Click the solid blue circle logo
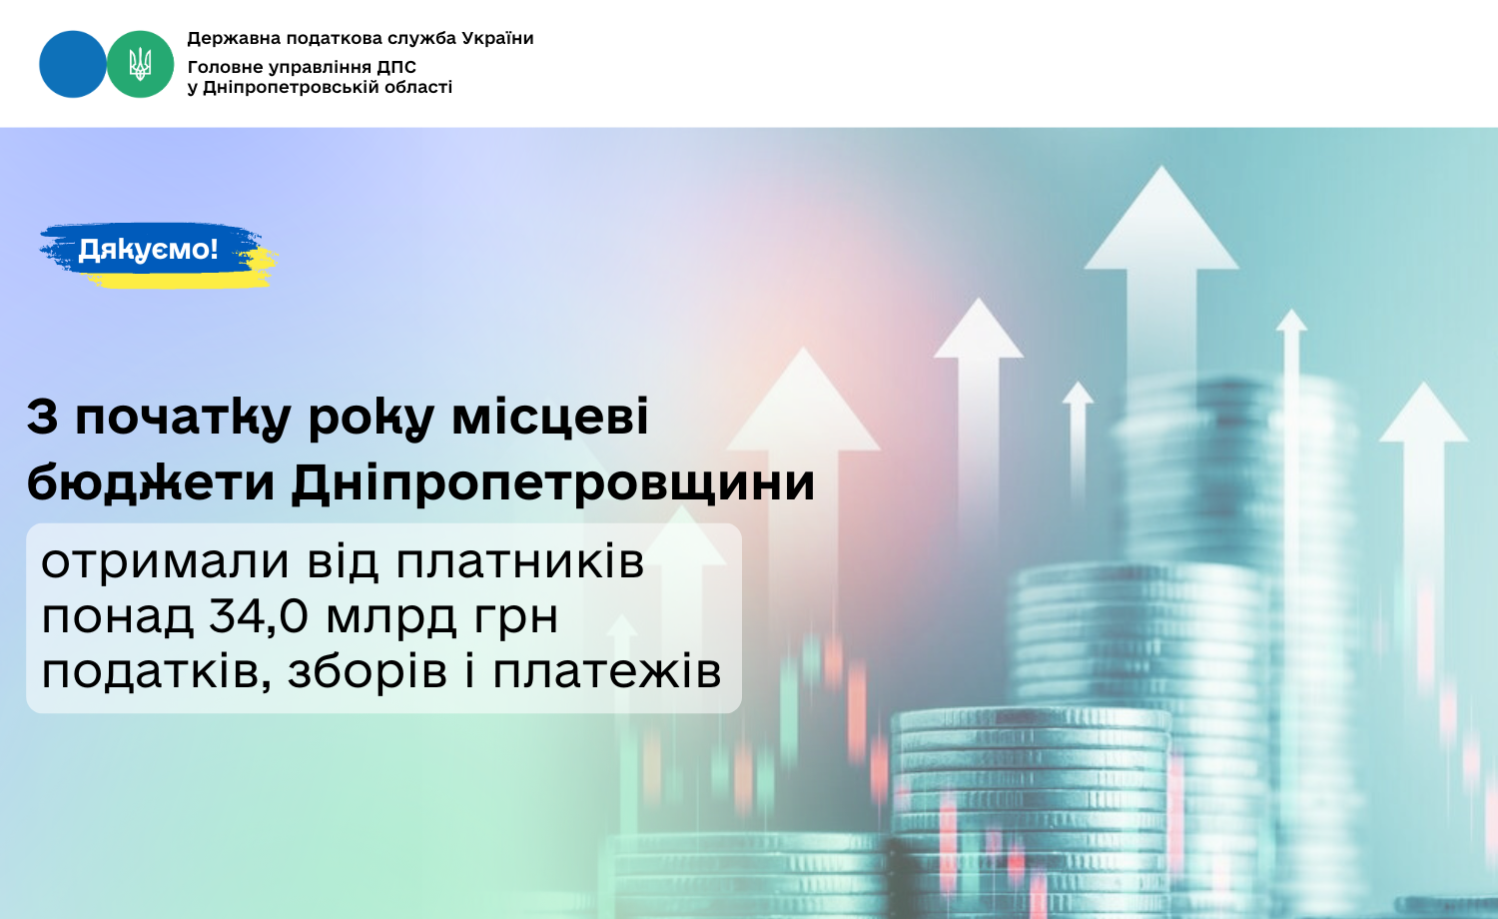pos(72,64)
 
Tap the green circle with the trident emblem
pos(141,64)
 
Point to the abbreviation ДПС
pos(396,67)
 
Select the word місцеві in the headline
pos(550,416)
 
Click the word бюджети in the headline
pos(151,481)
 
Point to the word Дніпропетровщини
pos(553,482)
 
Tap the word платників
pos(520,561)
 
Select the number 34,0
pos(258,616)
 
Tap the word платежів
pos(607,671)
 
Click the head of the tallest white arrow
pos(1161,218)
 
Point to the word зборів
pos(368,671)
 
